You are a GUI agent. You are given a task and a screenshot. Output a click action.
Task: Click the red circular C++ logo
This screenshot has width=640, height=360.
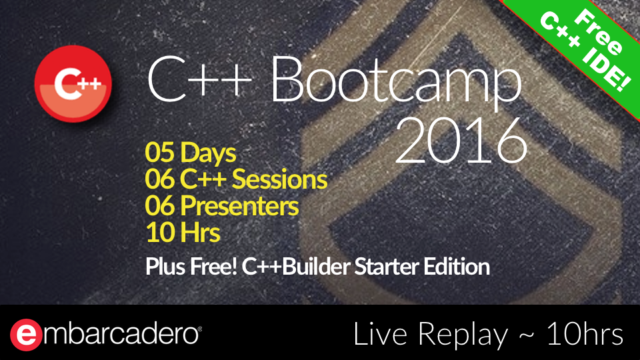tap(73, 84)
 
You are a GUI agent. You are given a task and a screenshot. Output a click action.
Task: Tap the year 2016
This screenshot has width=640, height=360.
tap(461, 141)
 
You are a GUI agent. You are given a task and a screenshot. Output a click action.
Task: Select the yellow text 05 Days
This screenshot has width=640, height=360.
tap(190, 153)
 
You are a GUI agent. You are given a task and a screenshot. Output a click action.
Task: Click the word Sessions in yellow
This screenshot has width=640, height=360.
tap(279, 179)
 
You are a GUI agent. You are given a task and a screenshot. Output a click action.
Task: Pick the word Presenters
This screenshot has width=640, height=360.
tap(239, 206)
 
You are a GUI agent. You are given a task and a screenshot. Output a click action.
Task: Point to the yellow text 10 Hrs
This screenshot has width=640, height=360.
tap(183, 232)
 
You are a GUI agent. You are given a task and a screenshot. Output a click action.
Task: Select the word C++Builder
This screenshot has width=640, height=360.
tap(296, 267)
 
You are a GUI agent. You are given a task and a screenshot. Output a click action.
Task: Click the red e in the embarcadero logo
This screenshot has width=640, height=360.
tap(26, 335)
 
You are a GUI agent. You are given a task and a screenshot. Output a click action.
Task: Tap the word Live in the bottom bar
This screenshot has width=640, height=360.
tap(381, 334)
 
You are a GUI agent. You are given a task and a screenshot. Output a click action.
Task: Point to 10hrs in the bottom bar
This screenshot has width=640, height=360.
tap(585, 334)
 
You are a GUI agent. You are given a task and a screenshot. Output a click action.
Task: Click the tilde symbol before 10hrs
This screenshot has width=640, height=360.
tap(527, 335)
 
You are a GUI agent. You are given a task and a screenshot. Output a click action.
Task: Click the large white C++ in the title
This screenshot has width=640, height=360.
tap(199, 80)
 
